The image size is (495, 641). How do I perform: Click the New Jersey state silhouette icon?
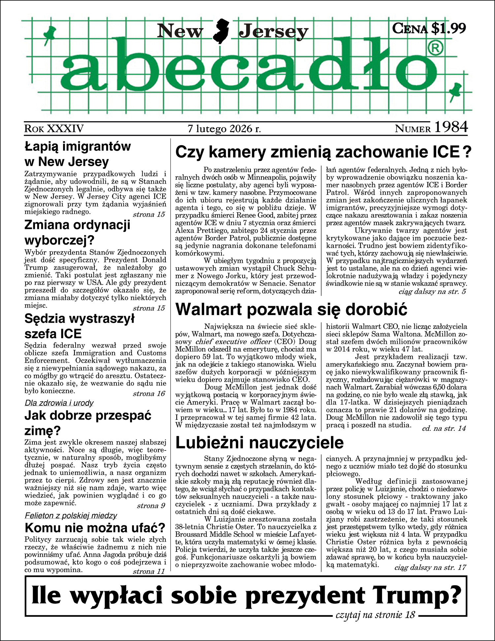220,31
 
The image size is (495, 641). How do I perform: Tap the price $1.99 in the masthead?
448,28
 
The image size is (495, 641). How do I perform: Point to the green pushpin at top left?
49,33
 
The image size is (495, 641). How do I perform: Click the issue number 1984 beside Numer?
451,127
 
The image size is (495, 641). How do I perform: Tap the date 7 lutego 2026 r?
224,128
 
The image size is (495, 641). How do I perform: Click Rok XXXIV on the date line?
54,128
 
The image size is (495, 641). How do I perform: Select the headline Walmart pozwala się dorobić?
291,309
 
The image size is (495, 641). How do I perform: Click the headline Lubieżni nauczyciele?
259,443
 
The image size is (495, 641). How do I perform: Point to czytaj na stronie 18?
375,615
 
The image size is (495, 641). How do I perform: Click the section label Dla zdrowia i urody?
59,403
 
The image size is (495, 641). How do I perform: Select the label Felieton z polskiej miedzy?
71,516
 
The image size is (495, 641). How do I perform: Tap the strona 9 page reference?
151,506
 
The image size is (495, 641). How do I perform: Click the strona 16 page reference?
149,394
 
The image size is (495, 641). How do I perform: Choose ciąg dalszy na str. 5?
432,292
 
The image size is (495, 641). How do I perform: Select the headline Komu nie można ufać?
95,528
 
